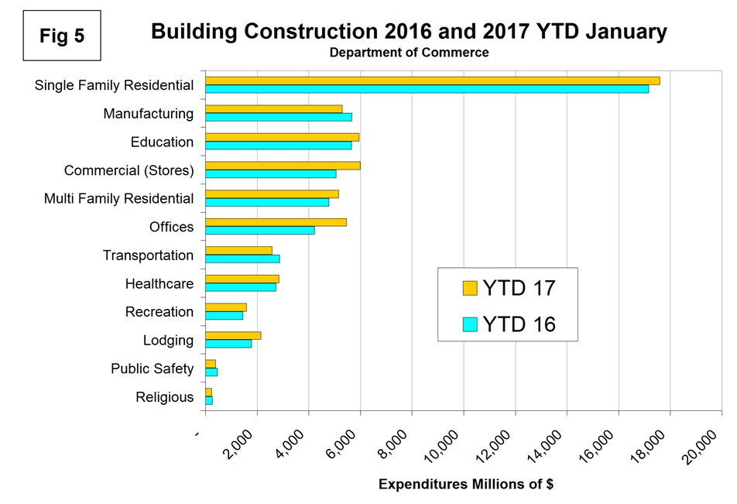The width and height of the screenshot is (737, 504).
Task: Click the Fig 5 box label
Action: tap(63, 36)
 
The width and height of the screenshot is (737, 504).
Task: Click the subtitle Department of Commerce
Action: tap(409, 53)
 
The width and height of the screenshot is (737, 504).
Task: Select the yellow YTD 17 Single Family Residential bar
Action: tap(432, 81)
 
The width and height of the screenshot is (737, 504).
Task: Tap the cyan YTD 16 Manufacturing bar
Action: tap(279, 117)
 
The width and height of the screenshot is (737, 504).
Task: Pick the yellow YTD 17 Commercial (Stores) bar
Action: tap(283, 165)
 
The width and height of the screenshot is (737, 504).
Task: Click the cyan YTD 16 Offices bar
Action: tap(260, 230)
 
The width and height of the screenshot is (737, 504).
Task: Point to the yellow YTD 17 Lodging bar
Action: tap(233, 335)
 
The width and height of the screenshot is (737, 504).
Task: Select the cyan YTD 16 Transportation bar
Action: tap(242, 259)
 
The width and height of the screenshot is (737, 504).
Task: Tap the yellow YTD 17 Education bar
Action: tap(282, 137)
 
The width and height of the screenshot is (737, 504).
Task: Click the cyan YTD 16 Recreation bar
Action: tap(224, 315)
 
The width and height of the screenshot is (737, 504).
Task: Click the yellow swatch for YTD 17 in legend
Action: tap(470, 288)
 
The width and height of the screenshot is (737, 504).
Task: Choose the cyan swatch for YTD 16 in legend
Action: tap(470, 324)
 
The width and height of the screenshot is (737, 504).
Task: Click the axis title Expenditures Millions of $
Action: tap(465, 485)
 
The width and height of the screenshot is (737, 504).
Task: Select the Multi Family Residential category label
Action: tap(118, 199)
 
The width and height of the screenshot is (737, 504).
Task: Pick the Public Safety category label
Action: tap(152, 369)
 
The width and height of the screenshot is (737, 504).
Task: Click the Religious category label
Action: tap(164, 397)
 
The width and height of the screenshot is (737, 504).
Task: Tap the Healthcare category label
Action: tap(159, 284)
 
